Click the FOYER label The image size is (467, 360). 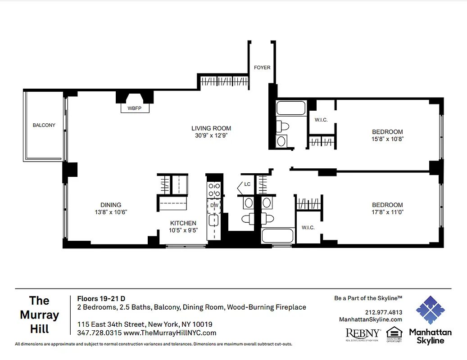(262, 67)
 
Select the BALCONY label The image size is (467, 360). (44, 125)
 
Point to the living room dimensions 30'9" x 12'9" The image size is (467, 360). (211, 135)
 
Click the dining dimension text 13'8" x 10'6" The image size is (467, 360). (111, 212)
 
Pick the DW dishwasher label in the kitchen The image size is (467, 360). (214, 205)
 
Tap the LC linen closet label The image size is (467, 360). (247, 184)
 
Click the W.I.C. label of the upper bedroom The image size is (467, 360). (321, 120)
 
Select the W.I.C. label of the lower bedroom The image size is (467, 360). (308, 228)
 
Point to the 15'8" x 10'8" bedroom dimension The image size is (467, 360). (387, 139)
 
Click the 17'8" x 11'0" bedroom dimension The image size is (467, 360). (387, 212)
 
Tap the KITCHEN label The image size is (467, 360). (183, 223)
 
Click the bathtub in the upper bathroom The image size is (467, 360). (291, 108)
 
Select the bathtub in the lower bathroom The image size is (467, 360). (277, 236)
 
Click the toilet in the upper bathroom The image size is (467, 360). (282, 126)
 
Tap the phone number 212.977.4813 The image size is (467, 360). (384, 312)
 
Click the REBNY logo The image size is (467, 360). (363, 333)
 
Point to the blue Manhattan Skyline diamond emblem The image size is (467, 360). (430, 310)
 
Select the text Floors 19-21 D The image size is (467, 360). (101, 298)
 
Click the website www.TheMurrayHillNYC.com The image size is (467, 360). (170, 333)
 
